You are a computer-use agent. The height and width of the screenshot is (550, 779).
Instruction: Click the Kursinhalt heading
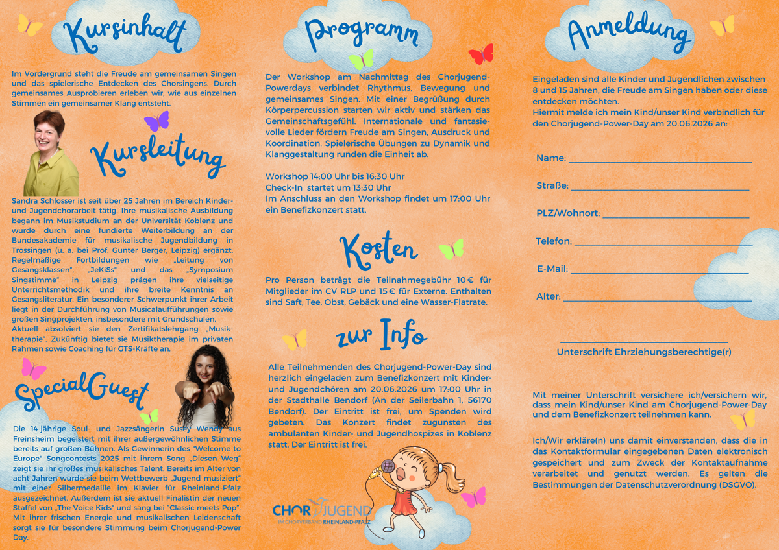(x=125, y=34)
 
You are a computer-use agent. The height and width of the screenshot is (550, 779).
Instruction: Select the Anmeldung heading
(x=629, y=32)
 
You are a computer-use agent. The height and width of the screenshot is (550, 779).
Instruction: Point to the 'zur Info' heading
(x=381, y=335)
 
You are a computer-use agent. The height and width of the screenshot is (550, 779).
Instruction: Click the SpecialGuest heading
(x=82, y=391)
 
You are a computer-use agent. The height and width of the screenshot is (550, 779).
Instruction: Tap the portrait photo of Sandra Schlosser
(x=51, y=153)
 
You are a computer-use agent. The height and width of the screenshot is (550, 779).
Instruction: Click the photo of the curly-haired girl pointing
(x=204, y=387)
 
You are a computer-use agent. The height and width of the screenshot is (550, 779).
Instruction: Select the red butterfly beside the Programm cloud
(x=481, y=54)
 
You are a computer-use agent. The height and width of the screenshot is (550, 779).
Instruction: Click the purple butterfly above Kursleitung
(x=156, y=121)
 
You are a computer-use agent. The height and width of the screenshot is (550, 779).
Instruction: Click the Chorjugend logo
(x=322, y=513)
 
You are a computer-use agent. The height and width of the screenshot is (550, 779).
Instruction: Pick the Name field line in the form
(x=660, y=161)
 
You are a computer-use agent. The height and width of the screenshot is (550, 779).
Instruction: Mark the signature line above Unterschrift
(x=643, y=342)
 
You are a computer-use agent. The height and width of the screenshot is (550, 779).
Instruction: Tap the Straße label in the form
(x=552, y=186)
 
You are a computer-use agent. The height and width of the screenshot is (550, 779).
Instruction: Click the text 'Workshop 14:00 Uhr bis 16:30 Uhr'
(x=335, y=176)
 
